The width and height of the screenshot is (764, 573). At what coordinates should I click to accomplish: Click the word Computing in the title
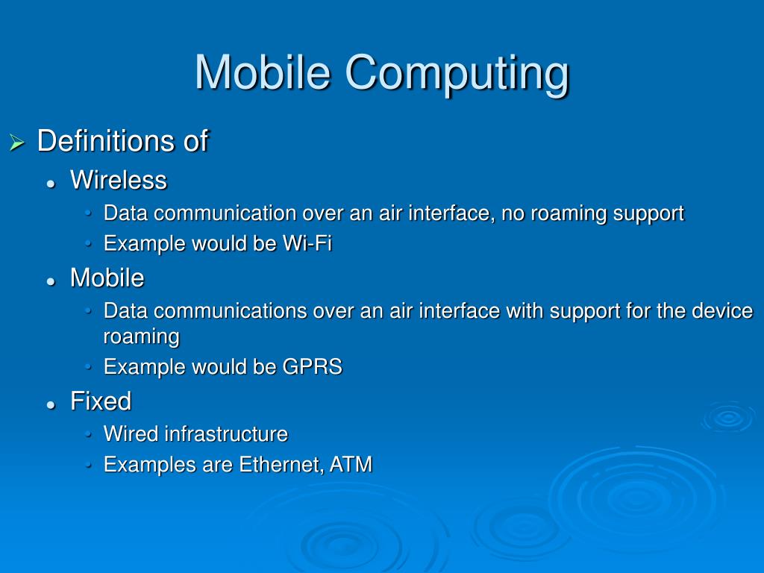coord(457,72)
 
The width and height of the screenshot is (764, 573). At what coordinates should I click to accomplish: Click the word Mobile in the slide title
coord(263,72)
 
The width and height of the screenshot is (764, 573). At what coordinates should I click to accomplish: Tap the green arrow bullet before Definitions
coord(16,142)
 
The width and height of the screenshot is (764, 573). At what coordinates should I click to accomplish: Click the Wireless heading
coord(118,180)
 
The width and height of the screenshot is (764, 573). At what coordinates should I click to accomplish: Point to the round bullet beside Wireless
coord(51,183)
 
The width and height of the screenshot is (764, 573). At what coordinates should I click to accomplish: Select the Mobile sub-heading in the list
coord(107,278)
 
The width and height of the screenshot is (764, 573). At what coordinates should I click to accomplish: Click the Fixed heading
coord(100,401)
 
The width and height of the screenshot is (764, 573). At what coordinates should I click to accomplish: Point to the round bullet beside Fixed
coord(51,404)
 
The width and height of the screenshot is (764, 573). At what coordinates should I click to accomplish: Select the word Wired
coord(131,433)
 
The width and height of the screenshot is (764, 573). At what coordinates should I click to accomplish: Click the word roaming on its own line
coord(141,336)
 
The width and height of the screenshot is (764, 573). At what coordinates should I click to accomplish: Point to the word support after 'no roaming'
coord(648,213)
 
